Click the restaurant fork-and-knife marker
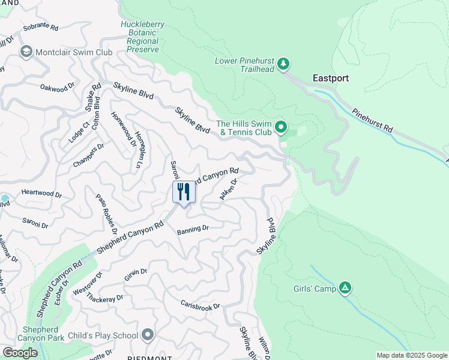(x=184, y=193)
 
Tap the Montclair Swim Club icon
(x=26, y=52)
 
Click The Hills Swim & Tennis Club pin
(x=280, y=127)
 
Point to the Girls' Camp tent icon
(x=345, y=289)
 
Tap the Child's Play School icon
(x=148, y=335)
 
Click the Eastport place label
(x=331, y=78)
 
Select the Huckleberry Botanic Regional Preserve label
(x=143, y=37)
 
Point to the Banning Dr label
(x=193, y=229)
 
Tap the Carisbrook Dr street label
(x=200, y=302)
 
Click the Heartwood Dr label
(x=41, y=194)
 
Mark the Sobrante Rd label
(x=40, y=28)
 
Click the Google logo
(x=20, y=353)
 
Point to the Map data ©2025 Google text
(x=411, y=355)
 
